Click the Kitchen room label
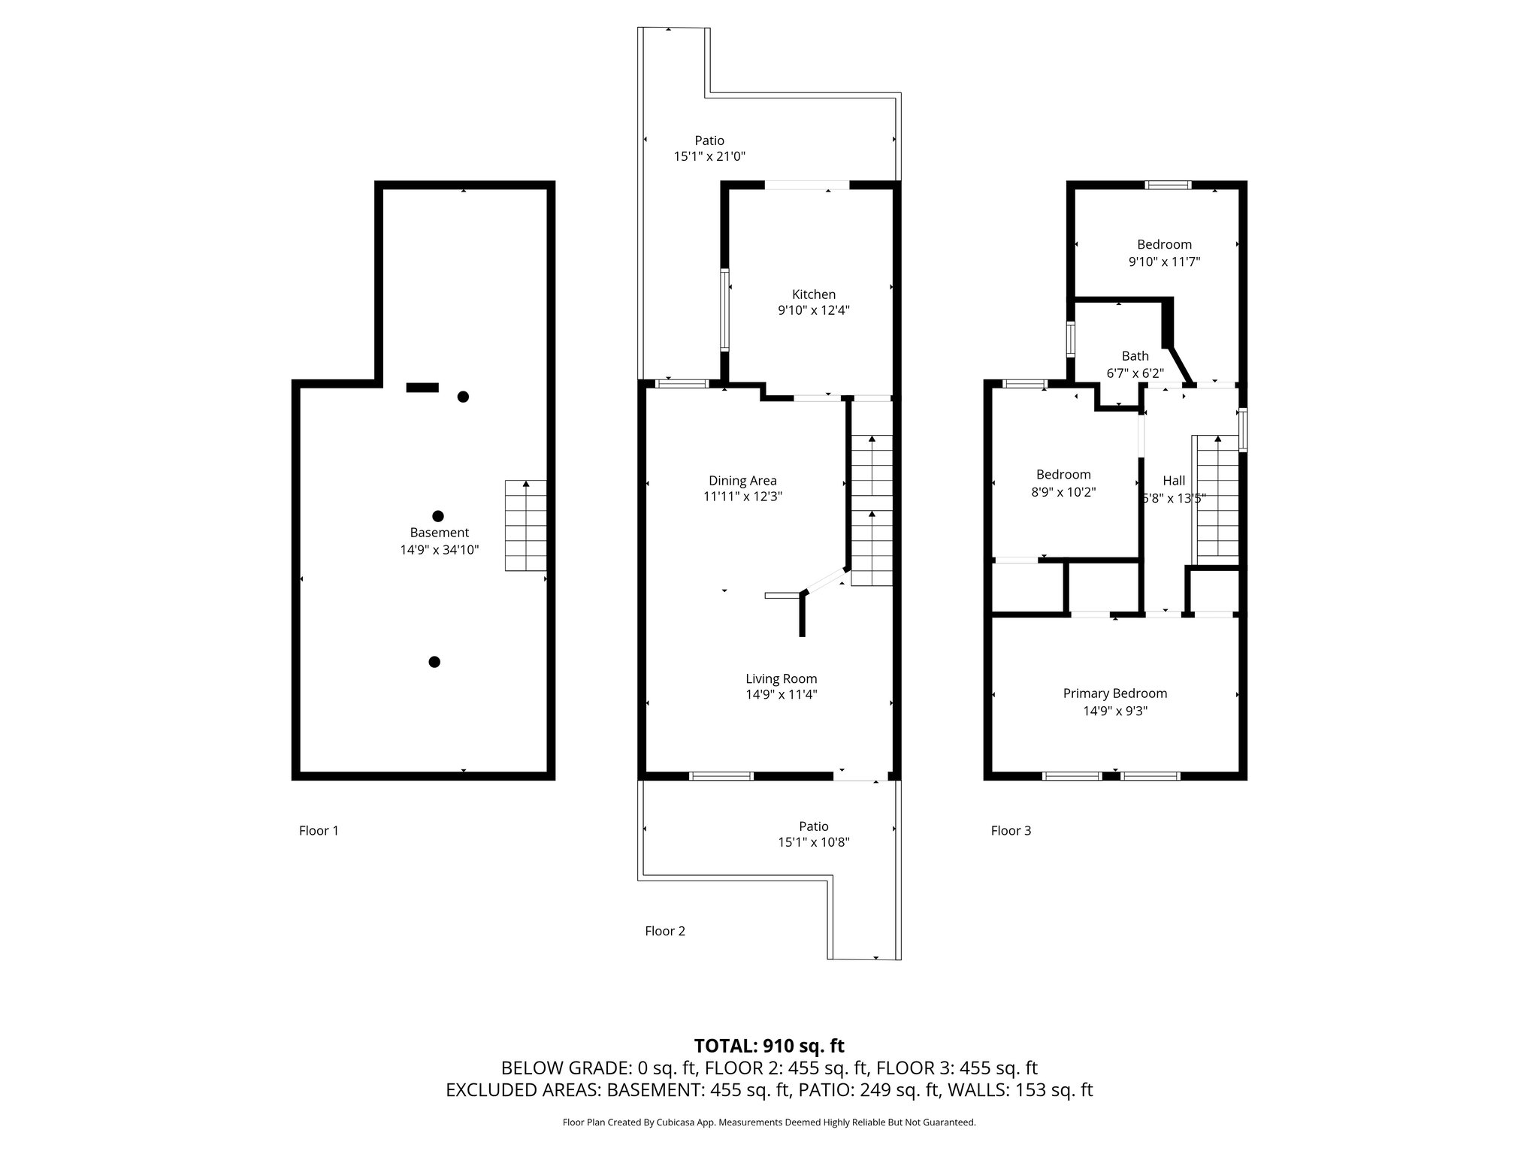coord(813,295)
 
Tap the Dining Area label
coord(742,481)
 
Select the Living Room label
coord(781,679)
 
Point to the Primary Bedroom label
coord(1115,694)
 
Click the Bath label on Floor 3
coord(1135,356)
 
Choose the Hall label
coord(1174,481)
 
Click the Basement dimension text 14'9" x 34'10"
coord(440,550)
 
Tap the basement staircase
coord(525,526)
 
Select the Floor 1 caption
coord(319,831)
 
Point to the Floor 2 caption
coord(665,932)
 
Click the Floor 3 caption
coord(1011,831)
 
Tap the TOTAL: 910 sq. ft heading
coord(769,1046)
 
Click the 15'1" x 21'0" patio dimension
coord(709,157)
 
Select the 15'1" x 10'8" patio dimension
coord(814,843)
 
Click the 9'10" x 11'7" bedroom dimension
coord(1164,262)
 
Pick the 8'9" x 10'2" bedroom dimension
coord(1063,493)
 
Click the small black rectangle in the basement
coord(422,388)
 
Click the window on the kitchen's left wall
coord(725,310)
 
